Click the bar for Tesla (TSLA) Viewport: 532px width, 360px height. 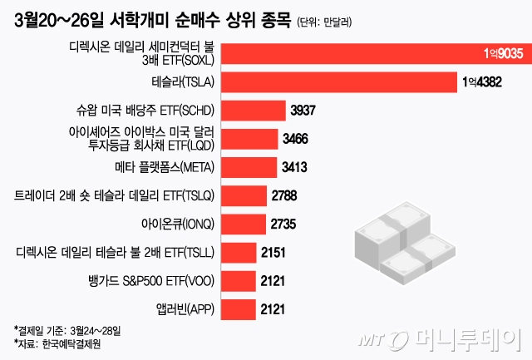(x=332, y=81)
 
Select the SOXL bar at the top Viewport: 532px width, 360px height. (x=374, y=52)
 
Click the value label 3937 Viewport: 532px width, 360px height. (x=305, y=110)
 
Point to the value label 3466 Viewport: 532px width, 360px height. (x=298, y=138)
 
